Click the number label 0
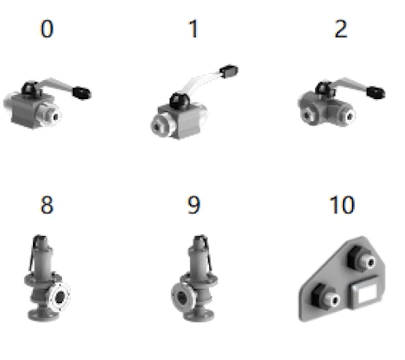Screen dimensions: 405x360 (x=47, y=29)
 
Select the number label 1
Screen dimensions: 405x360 (x=193, y=29)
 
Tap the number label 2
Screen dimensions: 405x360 (x=341, y=29)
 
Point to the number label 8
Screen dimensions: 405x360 (x=47, y=205)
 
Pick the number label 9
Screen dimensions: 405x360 (x=193, y=205)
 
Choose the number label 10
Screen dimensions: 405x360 (x=342, y=205)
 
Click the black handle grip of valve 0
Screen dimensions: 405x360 (x=82, y=92)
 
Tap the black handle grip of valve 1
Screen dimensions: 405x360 (x=229, y=71)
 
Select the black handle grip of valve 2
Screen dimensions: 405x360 (x=376, y=92)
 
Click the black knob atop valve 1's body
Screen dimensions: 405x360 (x=179, y=101)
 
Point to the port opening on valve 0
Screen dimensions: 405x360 (x=55, y=116)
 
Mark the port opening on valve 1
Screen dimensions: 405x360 (x=158, y=127)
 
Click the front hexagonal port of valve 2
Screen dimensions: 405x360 (x=307, y=115)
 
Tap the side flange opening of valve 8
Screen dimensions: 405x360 (x=60, y=296)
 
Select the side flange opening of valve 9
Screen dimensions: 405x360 (x=182, y=297)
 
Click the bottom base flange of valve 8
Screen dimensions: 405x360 (x=44, y=315)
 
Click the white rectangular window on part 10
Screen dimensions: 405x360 (x=366, y=294)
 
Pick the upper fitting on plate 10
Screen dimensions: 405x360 (x=362, y=258)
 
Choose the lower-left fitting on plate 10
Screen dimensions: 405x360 (x=326, y=296)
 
